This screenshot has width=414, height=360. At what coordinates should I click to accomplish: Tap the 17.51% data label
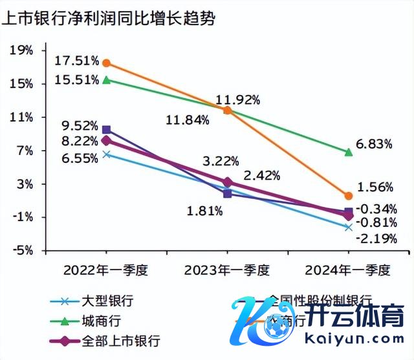point(77,61)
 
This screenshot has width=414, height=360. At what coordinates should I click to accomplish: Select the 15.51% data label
point(77,80)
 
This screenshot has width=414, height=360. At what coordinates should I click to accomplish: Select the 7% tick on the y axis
point(24,151)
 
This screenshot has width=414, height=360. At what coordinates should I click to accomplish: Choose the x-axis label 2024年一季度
point(348,270)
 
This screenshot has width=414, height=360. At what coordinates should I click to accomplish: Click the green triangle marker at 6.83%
point(349,152)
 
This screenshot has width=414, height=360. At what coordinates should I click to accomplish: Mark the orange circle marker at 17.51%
point(107,63)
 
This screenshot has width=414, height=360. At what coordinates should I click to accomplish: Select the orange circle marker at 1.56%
point(349,195)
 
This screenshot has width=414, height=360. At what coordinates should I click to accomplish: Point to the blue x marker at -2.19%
point(349,227)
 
